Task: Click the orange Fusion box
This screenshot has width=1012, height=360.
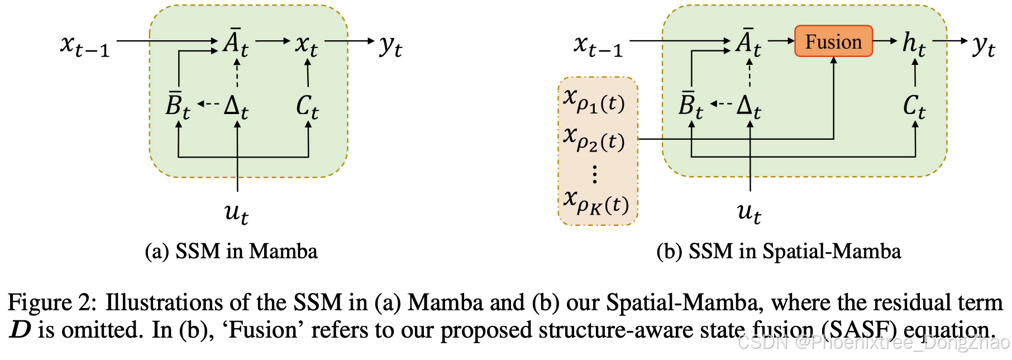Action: [833, 41]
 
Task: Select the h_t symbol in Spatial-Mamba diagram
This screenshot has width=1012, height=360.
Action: [914, 44]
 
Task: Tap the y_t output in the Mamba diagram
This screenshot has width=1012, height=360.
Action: [390, 45]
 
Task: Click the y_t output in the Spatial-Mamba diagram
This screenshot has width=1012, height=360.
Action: [983, 45]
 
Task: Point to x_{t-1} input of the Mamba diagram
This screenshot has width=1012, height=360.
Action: [85, 45]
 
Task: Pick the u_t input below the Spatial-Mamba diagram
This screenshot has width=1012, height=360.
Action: [748, 212]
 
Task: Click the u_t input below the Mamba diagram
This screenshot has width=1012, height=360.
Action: [236, 212]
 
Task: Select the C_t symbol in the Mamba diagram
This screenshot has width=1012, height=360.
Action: [307, 106]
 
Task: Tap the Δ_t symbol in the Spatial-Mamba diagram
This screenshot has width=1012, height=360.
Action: [748, 106]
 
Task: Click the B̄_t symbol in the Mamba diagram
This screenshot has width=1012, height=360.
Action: [178, 105]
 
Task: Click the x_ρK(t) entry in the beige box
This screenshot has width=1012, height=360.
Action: [595, 202]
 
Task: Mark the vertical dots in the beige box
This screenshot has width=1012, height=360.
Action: [595, 174]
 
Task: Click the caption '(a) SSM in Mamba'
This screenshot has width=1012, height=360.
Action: [231, 252]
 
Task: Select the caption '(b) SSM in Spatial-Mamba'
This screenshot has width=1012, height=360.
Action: [779, 252]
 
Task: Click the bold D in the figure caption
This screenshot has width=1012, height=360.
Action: [20, 330]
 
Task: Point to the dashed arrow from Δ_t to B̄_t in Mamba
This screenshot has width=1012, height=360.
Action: [208, 104]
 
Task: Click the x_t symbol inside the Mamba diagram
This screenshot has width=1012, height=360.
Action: [306, 45]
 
